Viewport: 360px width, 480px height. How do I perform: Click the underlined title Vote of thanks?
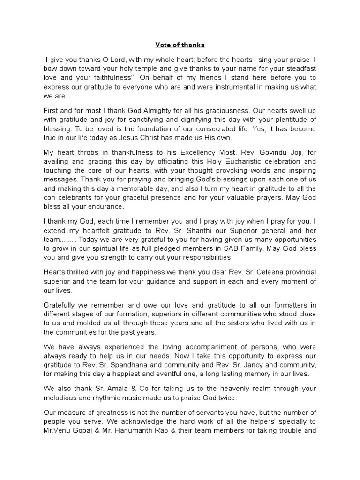point(180,45)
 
